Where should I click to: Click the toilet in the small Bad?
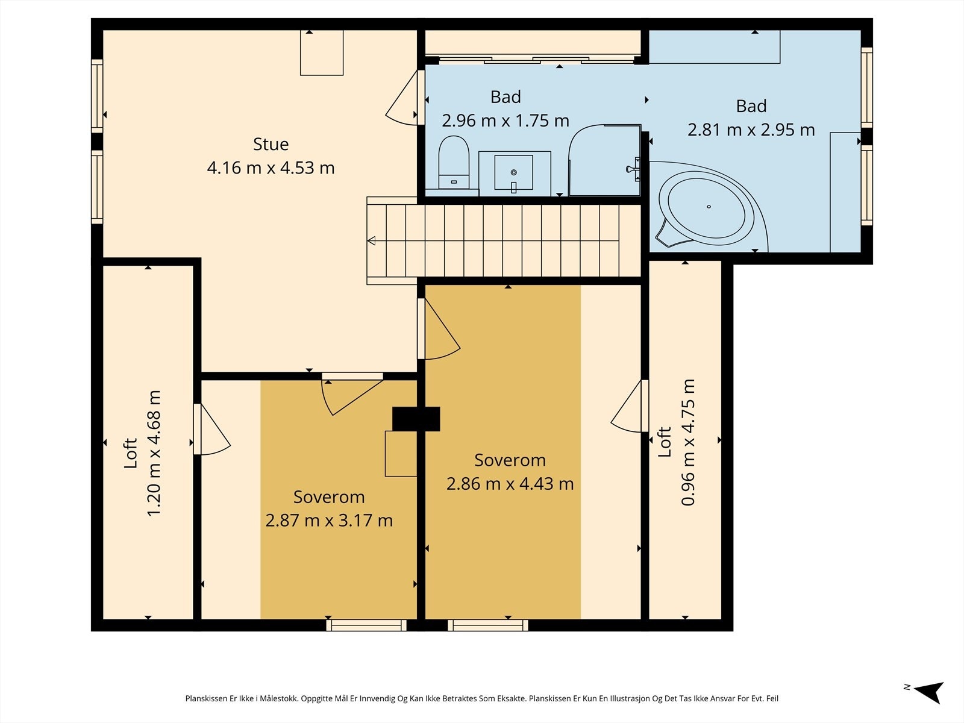point(454,162)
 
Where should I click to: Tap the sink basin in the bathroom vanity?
point(513,173)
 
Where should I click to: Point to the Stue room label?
point(271,144)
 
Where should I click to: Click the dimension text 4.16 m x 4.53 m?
point(271,167)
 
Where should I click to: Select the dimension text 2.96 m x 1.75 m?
point(505,120)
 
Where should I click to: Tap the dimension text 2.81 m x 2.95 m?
point(751,130)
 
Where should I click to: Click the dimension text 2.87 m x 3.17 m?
point(329,521)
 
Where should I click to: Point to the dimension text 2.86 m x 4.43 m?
point(510,484)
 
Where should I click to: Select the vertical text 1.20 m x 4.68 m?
point(154,453)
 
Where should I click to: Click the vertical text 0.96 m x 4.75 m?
point(688,442)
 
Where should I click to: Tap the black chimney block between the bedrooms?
point(416,419)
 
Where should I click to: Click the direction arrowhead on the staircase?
point(372,240)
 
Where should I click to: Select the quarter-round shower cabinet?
point(605,160)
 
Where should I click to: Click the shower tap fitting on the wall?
point(634,169)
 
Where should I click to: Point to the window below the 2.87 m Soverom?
point(366,625)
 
